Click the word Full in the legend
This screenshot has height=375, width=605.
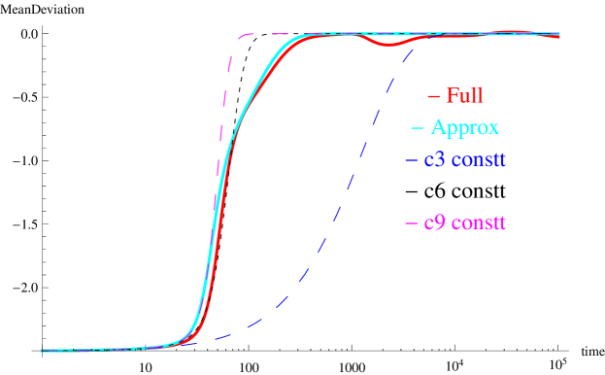coord(464,96)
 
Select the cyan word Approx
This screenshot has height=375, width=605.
coord(465,128)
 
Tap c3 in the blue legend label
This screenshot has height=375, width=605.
coord(434,159)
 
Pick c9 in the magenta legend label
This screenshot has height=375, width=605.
coord(434,223)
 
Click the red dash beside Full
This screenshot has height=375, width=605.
coord(434,96)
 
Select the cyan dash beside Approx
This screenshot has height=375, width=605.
coord(417,128)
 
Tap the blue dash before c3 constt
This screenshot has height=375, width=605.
coord(411,159)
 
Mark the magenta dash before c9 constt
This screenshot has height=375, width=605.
coord(411,224)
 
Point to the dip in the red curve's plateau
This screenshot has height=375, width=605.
coord(387,44)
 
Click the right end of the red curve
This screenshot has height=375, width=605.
coord(558,37)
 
